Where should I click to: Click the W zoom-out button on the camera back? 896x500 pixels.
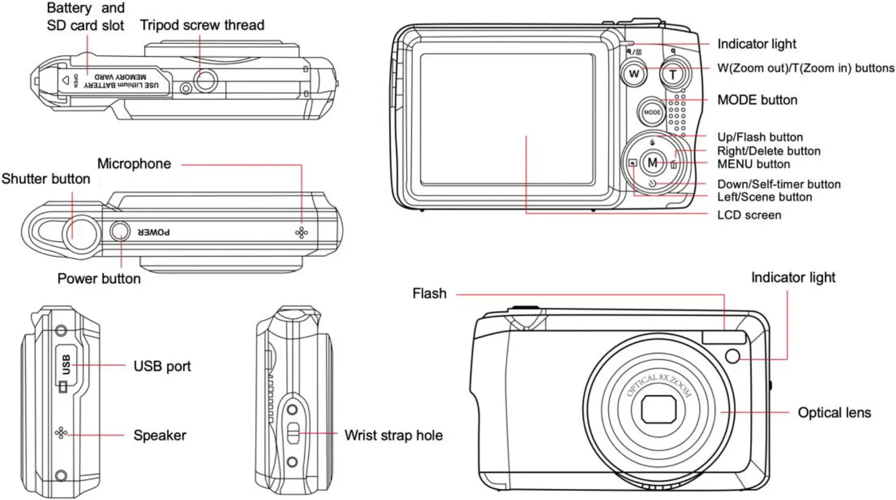tap(634, 74)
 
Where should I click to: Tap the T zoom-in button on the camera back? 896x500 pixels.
tap(673, 75)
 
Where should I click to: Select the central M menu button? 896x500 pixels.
tap(652, 162)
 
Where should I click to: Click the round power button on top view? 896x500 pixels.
tap(120, 231)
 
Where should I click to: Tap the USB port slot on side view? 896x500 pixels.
tap(66, 365)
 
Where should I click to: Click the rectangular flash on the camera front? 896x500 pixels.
tap(723, 338)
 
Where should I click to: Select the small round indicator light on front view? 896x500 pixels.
tap(732, 356)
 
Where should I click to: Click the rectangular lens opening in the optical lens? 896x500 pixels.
tap(659, 409)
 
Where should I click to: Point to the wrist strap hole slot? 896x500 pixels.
tap(293, 433)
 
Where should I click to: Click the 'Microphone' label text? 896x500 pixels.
tap(134, 164)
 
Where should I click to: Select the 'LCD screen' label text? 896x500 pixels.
tap(749, 215)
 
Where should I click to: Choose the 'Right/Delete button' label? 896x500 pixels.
tap(768, 151)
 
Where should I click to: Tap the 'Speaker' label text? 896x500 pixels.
tap(160, 435)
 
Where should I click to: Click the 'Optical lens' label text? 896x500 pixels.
tap(834, 412)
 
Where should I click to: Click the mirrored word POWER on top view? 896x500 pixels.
tap(154, 232)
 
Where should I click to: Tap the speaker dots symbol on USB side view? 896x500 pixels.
tap(61, 433)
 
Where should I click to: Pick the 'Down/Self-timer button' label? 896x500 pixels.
tap(778, 184)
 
